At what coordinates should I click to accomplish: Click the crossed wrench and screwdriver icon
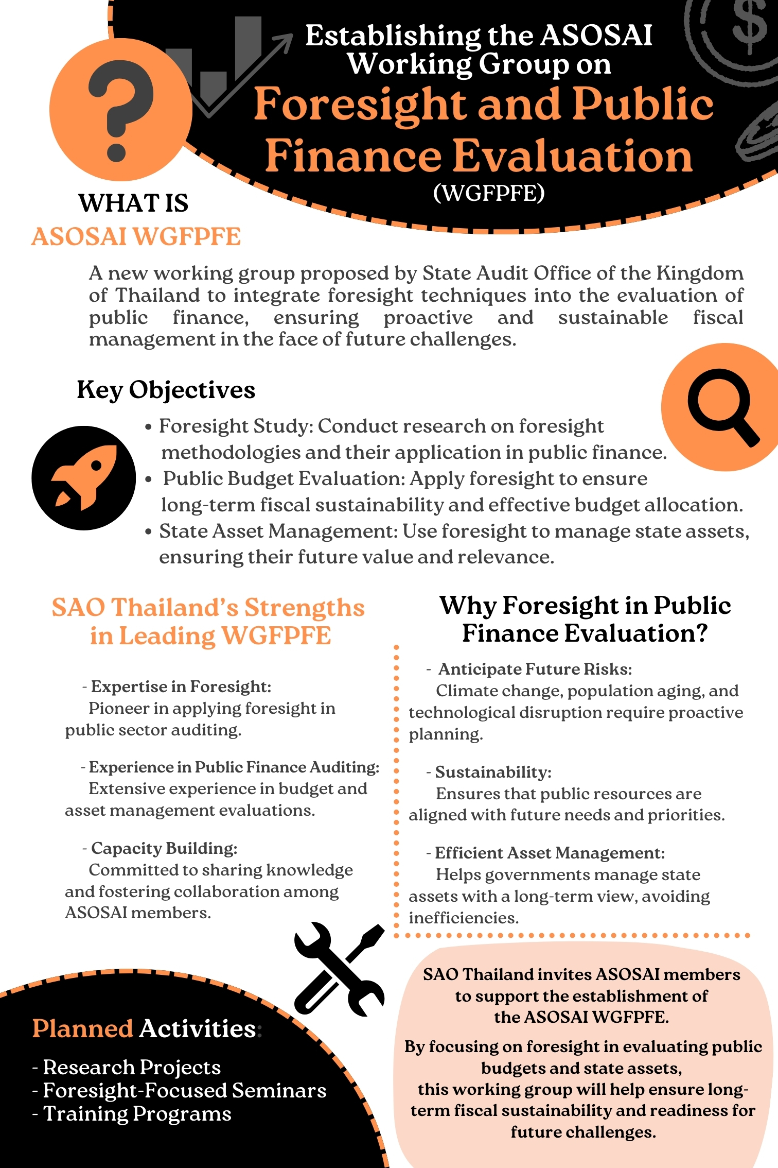(340, 969)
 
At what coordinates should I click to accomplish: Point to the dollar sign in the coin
(749, 26)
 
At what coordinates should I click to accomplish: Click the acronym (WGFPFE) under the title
(488, 194)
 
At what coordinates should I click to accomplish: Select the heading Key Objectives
(166, 390)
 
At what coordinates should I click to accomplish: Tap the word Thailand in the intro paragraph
(157, 296)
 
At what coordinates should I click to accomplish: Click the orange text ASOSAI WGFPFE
(136, 237)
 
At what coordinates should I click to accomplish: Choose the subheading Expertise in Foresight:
(181, 686)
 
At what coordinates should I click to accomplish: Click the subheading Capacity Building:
(164, 848)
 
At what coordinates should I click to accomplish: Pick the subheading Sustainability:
(493, 772)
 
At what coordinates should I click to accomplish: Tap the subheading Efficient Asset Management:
(550, 853)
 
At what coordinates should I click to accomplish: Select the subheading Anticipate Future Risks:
(535, 669)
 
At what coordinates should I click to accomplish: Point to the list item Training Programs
(137, 1113)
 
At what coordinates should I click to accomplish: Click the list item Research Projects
(132, 1067)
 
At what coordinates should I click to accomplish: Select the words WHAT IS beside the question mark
(133, 203)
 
